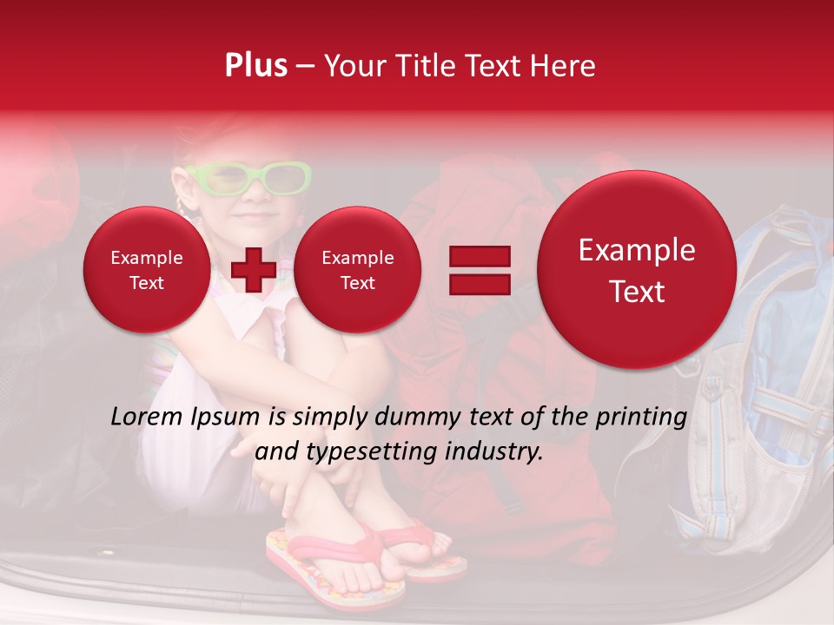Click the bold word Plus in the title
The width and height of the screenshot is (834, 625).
click(256, 65)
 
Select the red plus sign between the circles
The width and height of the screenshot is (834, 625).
click(254, 269)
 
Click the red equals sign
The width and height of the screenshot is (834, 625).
click(480, 269)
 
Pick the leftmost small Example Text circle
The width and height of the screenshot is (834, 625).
click(146, 270)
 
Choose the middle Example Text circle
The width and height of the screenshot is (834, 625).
click(357, 270)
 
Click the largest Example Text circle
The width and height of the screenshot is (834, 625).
click(637, 270)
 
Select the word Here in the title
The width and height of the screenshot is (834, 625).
click(566, 65)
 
